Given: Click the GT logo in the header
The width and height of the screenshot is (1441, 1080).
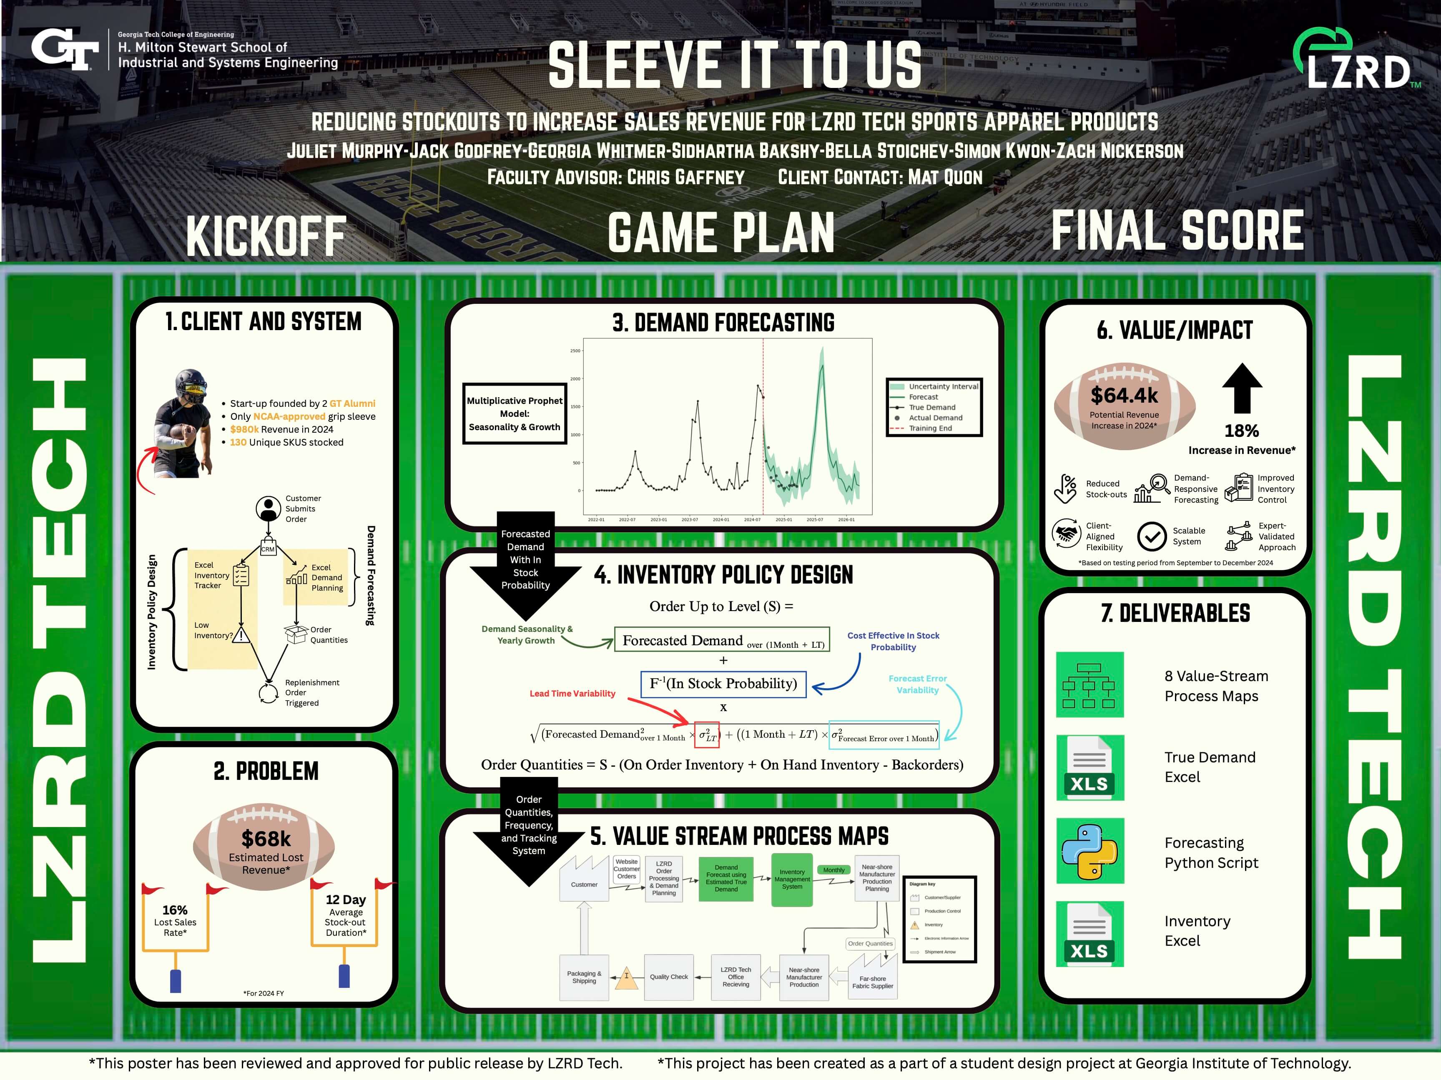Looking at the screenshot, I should tap(65, 50).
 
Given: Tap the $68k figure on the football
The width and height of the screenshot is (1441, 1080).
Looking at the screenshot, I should tap(266, 838).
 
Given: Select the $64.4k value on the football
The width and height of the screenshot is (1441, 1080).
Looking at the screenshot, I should tap(1125, 396).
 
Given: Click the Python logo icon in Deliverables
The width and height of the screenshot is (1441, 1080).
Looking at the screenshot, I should tap(1090, 851).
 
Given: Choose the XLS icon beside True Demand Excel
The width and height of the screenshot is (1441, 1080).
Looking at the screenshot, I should tap(1090, 767).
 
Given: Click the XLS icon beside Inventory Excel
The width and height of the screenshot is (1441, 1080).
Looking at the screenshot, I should tap(1090, 934).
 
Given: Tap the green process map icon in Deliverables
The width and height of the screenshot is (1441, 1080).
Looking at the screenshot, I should tap(1090, 684).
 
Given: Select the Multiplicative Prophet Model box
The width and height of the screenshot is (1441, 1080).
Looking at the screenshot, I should tap(515, 413).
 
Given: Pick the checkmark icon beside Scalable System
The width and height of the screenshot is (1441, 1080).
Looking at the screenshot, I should tap(1151, 536).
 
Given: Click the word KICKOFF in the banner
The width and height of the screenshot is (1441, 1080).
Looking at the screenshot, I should tap(266, 236).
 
